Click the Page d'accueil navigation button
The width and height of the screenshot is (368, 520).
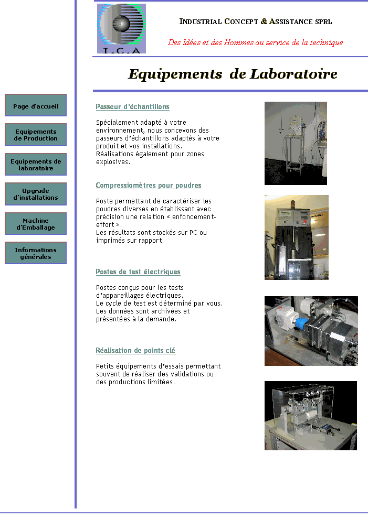coord(36,105)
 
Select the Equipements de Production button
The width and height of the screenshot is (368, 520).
coord(36,135)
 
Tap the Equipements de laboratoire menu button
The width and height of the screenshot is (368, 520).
coord(36,164)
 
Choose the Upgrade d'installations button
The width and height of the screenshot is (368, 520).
coord(36,194)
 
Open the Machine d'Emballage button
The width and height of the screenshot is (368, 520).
coord(36,223)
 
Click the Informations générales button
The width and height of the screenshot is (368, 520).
coord(36,253)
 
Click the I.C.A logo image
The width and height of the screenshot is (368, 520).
coord(121,28)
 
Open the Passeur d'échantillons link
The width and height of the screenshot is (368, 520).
coord(132,107)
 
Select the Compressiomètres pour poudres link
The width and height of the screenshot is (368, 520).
coord(149,186)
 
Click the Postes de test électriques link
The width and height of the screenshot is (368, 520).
coord(138,272)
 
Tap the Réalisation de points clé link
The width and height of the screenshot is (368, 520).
coord(135,351)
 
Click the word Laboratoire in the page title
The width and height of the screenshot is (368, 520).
coord(293,74)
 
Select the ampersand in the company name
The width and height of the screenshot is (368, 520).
coord(264,21)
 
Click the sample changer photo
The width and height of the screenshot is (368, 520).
coord(296,143)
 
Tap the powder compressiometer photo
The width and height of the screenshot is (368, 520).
coord(296,237)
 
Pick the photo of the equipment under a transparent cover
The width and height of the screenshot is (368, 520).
coord(311,416)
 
